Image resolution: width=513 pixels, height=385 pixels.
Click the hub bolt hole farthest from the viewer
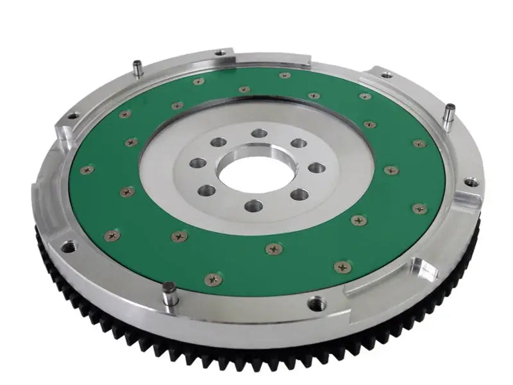(x=260, y=133)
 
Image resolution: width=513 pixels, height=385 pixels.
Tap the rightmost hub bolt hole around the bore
(x=317, y=168)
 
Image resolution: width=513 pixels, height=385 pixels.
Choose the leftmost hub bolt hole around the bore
(x=198, y=163)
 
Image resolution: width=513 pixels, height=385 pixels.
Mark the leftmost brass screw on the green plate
(x=87, y=170)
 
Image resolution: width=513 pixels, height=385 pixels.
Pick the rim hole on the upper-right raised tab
(x=386, y=75)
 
